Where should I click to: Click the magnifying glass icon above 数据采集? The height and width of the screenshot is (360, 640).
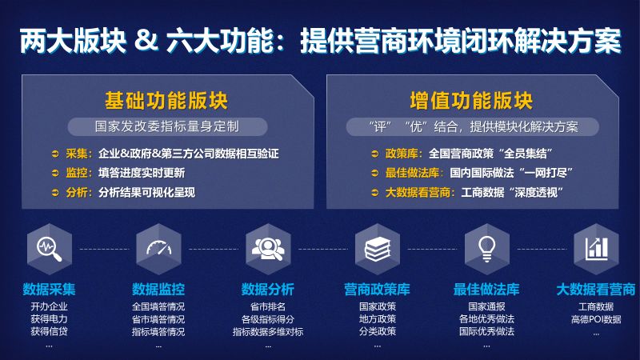pyautogui.click(x=50, y=249)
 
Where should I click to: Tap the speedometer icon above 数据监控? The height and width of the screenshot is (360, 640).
pyautogui.click(x=158, y=248)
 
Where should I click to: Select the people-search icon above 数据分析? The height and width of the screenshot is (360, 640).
pyautogui.click(x=268, y=249)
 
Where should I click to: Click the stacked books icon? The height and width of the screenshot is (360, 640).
pyautogui.click(x=378, y=249)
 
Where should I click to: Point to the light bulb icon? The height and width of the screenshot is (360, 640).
pyautogui.click(x=486, y=249)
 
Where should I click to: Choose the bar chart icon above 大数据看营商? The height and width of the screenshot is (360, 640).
pyautogui.click(x=596, y=249)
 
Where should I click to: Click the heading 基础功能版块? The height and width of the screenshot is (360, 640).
pyautogui.click(x=166, y=101)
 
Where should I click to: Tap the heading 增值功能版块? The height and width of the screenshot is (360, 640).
pyautogui.click(x=471, y=101)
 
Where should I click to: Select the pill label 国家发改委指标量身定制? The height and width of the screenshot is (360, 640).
pyautogui.click(x=167, y=126)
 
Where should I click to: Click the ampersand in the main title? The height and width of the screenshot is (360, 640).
pyautogui.click(x=146, y=40)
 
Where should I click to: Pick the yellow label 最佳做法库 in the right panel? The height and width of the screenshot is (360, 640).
pyautogui.click(x=412, y=173)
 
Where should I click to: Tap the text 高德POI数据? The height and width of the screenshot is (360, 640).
pyautogui.click(x=596, y=319)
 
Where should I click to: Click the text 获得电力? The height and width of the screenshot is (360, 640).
pyautogui.click(x=49, y=318)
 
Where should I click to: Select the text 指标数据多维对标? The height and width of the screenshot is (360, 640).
pyautogui.click(x=268, y=332)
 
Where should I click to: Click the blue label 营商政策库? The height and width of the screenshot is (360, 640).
pyautogui.click(x=377, y=290)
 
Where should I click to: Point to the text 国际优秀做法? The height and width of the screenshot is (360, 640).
pyautogui.click(x=486, y=331)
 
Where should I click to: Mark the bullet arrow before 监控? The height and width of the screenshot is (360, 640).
pyautogui.click(x=55, y=173)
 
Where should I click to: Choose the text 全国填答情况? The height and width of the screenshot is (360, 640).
pyautogui.click(x=158, y=306)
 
